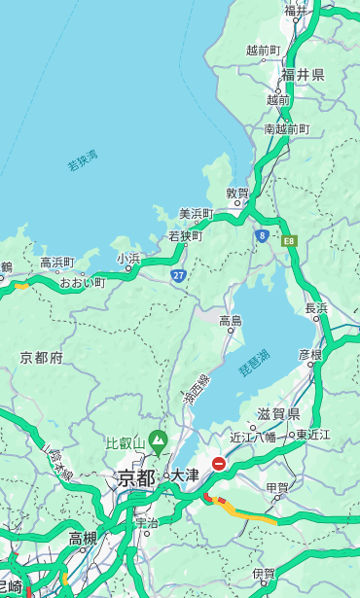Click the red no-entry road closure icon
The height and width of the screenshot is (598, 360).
(x=219, y=465)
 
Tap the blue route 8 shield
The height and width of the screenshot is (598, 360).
(x=262, y=235)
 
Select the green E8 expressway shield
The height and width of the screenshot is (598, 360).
(x=289, y=240)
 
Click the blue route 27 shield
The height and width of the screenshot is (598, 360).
(x=178, y=276)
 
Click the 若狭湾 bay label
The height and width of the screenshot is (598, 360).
(x=83, y=160)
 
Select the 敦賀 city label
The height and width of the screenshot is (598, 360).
(x=237, y=193)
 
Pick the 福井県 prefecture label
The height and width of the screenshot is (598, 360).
(x=303, y=75)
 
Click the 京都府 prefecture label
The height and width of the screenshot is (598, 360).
(x=42, y=358)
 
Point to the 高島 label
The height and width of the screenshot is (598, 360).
(x=231, y=321)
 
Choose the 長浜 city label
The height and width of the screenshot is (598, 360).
(x=317, y=308)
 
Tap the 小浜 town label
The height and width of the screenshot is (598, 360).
(x=128, y=259)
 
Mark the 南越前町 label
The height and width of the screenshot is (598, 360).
(x=286, y=128)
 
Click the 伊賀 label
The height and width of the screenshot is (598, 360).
(x=264, y=574)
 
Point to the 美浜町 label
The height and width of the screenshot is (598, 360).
(x=196, y=214)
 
